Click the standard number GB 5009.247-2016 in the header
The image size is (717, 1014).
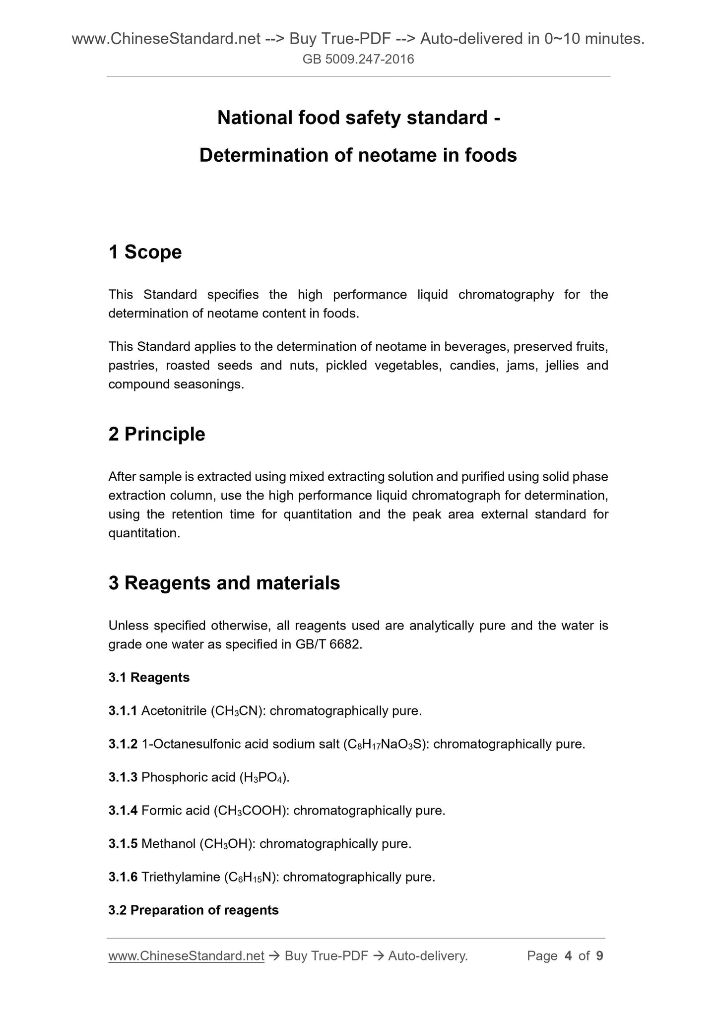(358, 60)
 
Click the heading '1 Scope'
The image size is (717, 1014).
(145, 252)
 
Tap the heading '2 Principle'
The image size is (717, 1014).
(156, 434)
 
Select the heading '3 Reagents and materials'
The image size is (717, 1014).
(224, 583)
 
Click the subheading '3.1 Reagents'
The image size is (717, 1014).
(149, 677)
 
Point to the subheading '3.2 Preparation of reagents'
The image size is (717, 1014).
(194, 910)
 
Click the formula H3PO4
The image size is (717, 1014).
(263, 777)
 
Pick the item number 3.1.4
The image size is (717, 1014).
(123, 811)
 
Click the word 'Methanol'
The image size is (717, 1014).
(168, 844)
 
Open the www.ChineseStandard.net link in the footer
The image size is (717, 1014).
(186, 956)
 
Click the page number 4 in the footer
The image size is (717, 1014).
(568, 956)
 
